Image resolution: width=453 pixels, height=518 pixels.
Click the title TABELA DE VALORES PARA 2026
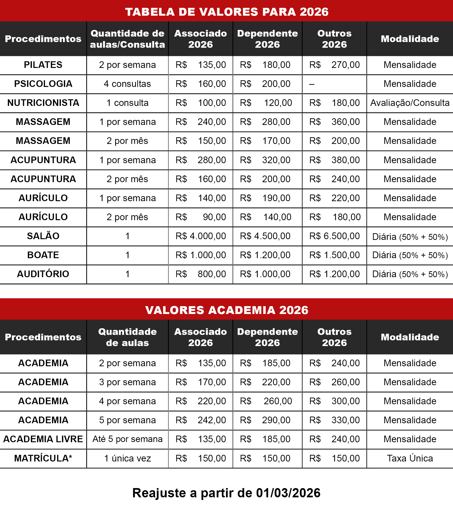[226, 12]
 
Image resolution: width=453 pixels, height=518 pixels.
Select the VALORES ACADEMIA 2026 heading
[226, 310]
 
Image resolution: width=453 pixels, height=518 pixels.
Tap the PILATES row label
[43, 65]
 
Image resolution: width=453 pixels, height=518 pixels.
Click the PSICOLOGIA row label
[43, 84]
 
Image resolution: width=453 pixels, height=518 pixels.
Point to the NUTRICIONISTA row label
[43, 103]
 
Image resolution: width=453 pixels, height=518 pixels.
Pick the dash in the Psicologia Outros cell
[312, 84]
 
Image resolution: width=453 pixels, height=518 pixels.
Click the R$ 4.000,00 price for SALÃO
[201, 236]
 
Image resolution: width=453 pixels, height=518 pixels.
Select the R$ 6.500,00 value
[334, 236]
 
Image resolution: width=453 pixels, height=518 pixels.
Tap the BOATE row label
[43, 255]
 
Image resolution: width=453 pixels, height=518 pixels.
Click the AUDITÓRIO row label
[43, 274]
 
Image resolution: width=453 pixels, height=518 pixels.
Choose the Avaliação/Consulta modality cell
[410, 103]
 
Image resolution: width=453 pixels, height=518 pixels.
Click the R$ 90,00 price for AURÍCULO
[201, 217]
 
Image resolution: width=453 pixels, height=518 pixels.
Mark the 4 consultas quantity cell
[127, 84]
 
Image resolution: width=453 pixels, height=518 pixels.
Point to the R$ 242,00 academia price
[201, 420]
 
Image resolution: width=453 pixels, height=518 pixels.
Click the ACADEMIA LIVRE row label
[43, 439]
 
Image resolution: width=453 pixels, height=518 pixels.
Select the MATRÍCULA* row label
[43, 458]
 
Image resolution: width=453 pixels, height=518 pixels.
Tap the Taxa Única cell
[410, 458]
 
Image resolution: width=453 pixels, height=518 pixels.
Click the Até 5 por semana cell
[127, 439]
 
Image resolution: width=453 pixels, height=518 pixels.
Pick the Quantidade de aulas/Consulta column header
[127, 39]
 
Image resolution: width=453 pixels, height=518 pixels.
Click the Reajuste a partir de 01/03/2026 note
[226, 493]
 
